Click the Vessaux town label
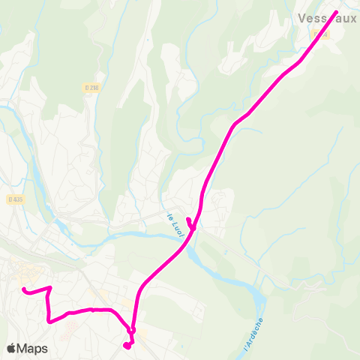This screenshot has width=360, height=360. (x=328, y=18)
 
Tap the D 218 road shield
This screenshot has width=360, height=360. (x=92, y=88)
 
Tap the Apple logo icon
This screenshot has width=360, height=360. (x=12, y=348)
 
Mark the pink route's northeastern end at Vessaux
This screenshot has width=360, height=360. (x=335, y=12)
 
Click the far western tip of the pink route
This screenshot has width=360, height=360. (x=24, y=289)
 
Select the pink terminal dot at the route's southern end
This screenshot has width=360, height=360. (x=127, y=346)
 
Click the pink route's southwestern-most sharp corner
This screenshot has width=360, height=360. (x=49, y=321)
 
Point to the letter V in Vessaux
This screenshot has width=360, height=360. (x=301, y=18)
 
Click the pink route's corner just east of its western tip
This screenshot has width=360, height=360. (x=49, y=287)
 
